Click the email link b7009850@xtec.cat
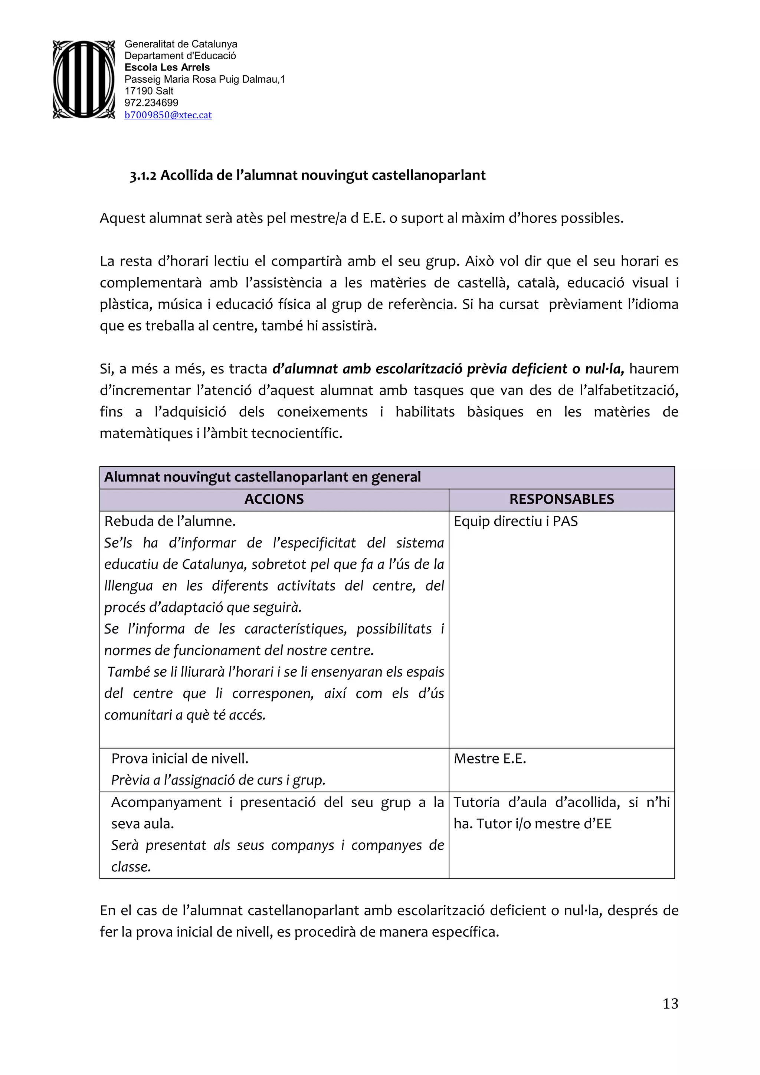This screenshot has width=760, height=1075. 168,115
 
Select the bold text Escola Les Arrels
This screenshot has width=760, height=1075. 167,68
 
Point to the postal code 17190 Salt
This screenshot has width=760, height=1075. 149,91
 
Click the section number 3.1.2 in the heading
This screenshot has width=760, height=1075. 143,175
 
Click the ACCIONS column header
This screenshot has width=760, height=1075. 274,500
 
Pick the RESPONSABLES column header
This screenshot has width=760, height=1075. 561,500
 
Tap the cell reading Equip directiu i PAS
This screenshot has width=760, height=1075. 515,522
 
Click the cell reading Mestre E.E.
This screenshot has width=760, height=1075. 490,759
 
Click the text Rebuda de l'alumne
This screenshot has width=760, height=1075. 170,522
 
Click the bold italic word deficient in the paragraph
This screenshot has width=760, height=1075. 539,369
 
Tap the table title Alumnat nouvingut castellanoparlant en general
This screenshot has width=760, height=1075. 262,477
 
